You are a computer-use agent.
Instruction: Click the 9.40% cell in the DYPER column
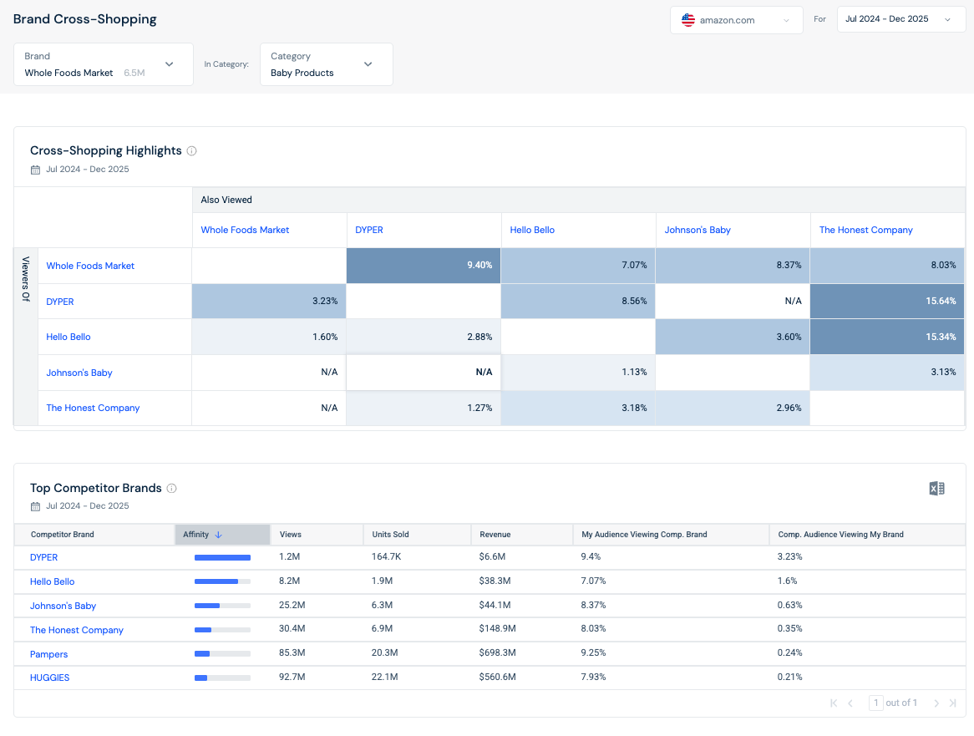click(x=424, y=265)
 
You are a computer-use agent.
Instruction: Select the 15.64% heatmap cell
click(x=887, y=302)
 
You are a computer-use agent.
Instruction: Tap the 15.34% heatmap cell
click(x=887, y=337)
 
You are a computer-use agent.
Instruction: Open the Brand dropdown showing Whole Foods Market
click(x=103, y=64)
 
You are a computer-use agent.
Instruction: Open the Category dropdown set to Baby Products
click(x=326, y=64)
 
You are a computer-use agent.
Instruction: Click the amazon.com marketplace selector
click(x=736, y=20)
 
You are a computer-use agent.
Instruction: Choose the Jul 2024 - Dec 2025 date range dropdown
click(x=900, y=19)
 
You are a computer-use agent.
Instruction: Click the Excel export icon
click(x=936, y=489)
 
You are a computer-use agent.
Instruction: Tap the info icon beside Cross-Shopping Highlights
click(x=192, y=151)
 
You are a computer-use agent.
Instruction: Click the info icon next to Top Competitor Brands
click(x=172, y=488)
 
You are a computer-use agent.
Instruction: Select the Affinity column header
click(x=222, y=535)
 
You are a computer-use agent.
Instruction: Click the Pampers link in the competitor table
click(x=49, y=654)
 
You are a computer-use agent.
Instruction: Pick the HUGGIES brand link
click(x=49, y=678)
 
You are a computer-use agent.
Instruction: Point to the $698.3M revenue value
click(x=498, y=652)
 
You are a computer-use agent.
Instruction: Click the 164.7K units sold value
click(x=387, y=556)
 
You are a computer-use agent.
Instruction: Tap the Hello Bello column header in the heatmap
click(x=532, y=230)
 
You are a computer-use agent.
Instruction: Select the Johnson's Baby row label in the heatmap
click(x=79, y=373)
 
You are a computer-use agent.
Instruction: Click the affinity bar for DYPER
click(x=222, y=558)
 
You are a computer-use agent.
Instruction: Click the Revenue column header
click(x=495, y=535)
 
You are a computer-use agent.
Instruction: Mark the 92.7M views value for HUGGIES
click(x=292, y=677)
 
